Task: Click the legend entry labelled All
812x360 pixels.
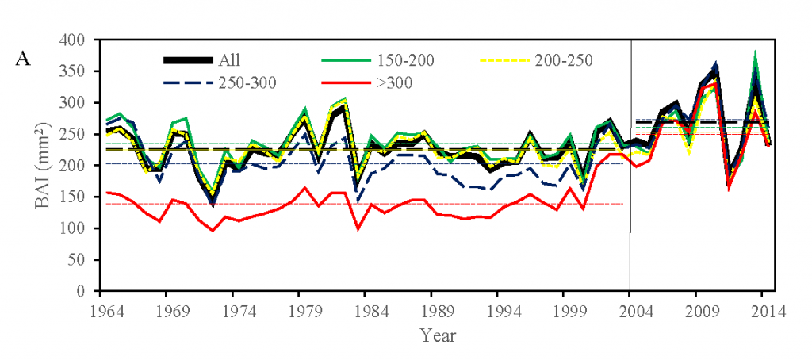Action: point(232,60)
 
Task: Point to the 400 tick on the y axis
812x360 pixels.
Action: point(75,40)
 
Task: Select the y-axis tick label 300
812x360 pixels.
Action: point(75,102)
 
